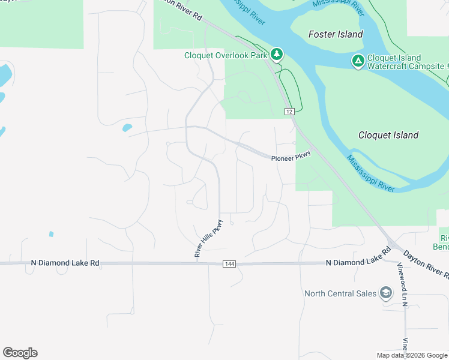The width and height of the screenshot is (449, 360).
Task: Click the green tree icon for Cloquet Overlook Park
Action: pyautogui.click(x=276, y=55)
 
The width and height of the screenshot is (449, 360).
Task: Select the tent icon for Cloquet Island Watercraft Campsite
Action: pyautogui.click(x=358, y=61)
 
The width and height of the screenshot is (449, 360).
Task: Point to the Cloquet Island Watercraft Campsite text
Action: pyautogui.click(x=405, y=62)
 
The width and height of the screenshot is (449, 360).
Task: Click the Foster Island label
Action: pyautogui.click(x=336, y=34)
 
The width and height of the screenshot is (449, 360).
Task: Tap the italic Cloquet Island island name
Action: pyautogui.click(x=388, y=135)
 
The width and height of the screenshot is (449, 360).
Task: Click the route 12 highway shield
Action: pyautogui.click(x=289, y=112)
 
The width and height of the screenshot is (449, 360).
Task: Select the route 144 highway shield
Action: pyautogui.click(x=229, y=263)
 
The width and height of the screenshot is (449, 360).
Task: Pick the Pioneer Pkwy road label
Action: pyautogui.click(x=291, y=157)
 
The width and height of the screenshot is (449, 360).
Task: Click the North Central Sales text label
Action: pyautogui.click(x=340, y=293)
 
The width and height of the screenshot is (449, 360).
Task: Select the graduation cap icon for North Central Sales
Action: pyautogui.click(x=386, y=293)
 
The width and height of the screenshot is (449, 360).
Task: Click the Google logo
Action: pyautogui.click(x=20, y=353)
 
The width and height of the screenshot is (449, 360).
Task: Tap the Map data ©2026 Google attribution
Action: pyautogui.click(x=412, y=355)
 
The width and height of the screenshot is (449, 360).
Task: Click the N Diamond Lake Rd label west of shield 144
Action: pyautogui.click(x=65, y=263)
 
